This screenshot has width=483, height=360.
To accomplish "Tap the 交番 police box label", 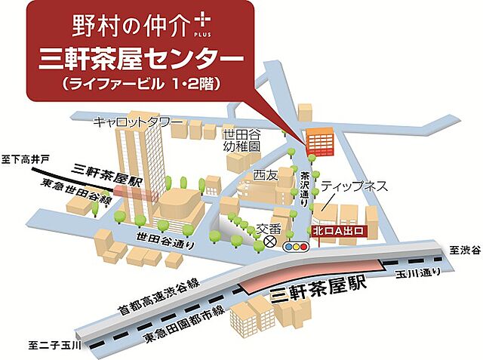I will click(268, 226).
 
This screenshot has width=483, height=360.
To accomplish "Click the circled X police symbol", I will click(269, 242).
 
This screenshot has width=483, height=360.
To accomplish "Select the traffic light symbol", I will click(295, 246).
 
